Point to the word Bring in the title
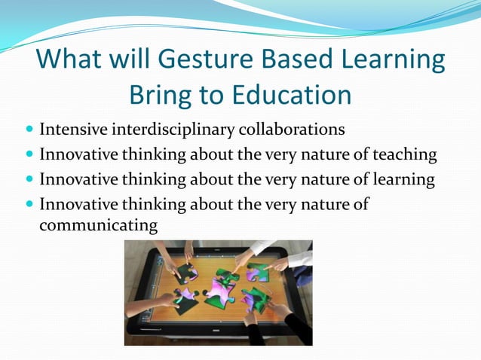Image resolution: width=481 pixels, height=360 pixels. (x=161, y=96)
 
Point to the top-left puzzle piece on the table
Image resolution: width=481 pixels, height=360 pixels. (x=185, y=271)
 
